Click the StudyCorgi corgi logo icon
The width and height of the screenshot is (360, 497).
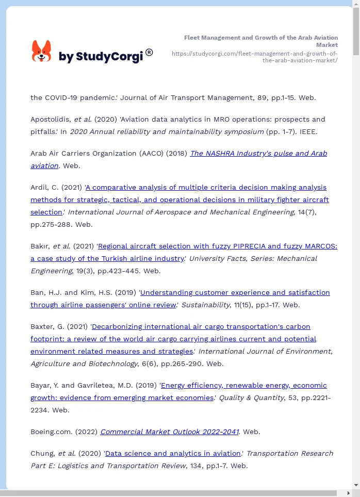pyautogui.click(x=41, y=52)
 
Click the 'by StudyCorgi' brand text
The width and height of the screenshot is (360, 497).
pyautogui.click(x=101, y=56)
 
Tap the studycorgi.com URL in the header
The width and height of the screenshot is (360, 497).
pyautogui.click(x=254, y=57)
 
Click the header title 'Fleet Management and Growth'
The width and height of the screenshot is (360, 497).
pyautogui.click(x=260, y=38)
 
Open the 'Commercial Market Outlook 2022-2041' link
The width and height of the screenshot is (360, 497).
pyautogui.click(x=169, y=432)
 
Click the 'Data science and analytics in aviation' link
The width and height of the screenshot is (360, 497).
pyautogui.click(x=173, y=453)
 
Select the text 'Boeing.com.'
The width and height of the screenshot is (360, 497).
pyautogui.click(x=50, y=432)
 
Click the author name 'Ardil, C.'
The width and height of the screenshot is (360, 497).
pyautogui.click(x=45, y=187)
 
